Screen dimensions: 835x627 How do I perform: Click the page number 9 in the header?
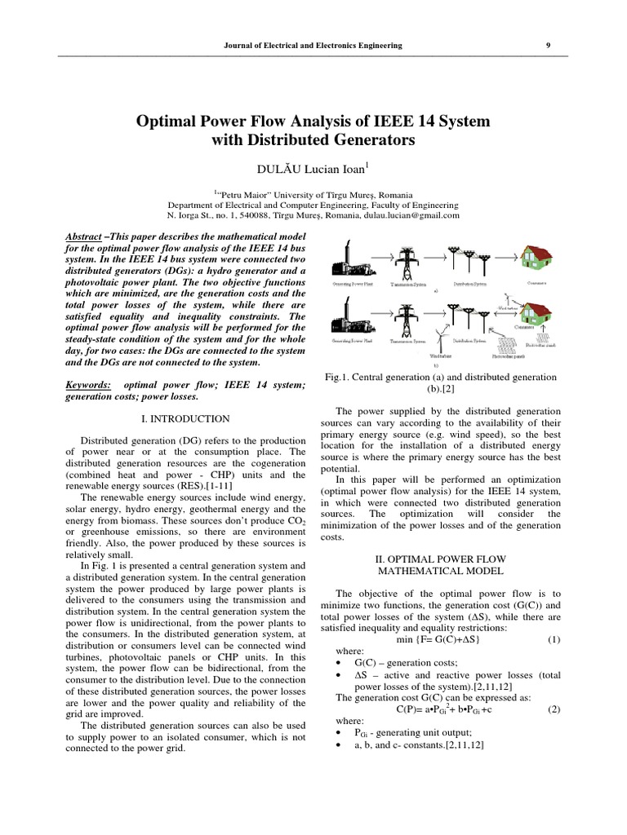[x=548, y=46]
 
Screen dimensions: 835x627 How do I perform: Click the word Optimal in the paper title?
[x=171, y=121]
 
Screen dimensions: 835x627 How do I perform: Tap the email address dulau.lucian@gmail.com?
[x=407, y=216]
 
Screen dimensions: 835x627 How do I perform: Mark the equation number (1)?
[x=554, y=639]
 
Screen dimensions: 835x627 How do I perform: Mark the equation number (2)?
[x=554, y=709]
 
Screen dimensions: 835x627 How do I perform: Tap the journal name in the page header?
[x=313, y=46]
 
